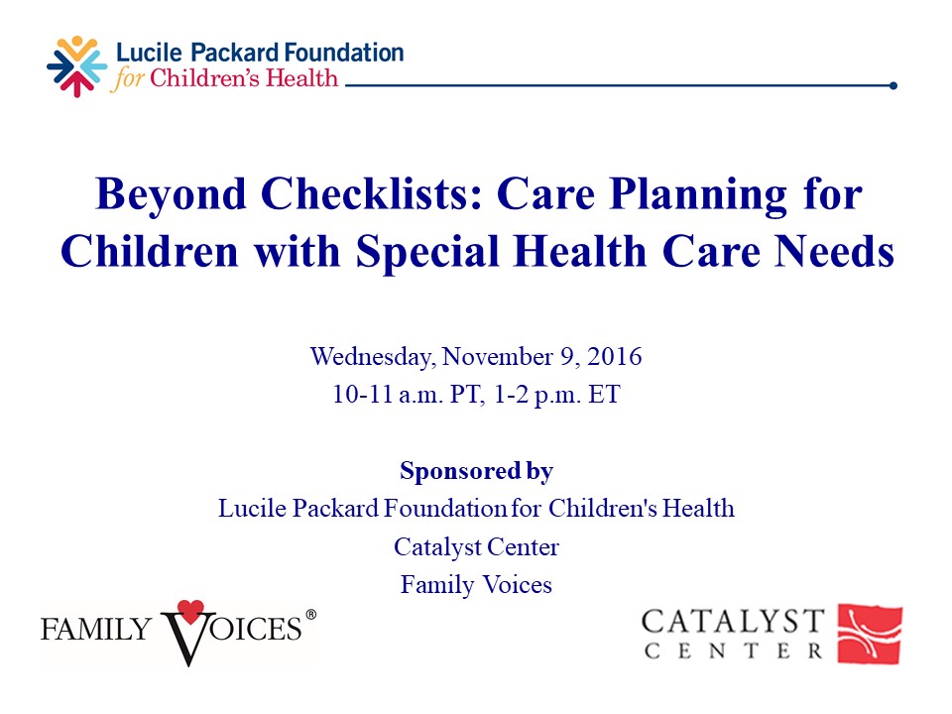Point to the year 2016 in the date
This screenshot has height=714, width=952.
(x=616, y=356)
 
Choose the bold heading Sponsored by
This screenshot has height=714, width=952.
(x=476, y=470)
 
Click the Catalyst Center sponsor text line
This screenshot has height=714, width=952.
(x=476, y=546)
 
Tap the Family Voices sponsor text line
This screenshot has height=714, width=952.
(x=476, y=585)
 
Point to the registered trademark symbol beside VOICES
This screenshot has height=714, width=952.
(x=310, y=615)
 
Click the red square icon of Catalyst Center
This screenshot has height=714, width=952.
(x=870, y=634)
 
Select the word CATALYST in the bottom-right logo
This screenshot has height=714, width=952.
(x=732, y=622)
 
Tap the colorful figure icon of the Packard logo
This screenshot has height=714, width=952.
(x=76, y=66)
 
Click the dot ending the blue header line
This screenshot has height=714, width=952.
(x=892, y=85)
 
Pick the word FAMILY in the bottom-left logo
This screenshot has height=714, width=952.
(x=96, y=628)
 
